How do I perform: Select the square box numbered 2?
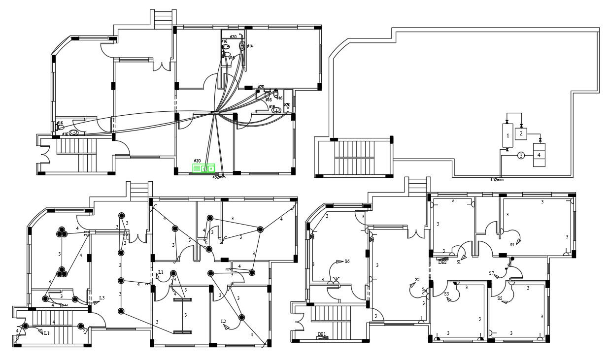pyautogui.click(x=521, y=133)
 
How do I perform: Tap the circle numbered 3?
pyautogui.click(x=521, y=156)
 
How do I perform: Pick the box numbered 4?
pyautogui.click(x=539, y=155)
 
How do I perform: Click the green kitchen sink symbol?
pyautogui.click(x=204, y=168)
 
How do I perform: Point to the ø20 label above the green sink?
pyautogui.click(x=197, y=161)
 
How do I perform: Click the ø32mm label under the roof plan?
pyautogui.click(x=497, y=180)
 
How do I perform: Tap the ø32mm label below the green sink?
pyautogui.click(x=219, y=176)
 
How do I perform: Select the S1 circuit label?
pyautogui.click(x=459, y=262)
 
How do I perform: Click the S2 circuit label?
pyautogui.click(x=417, y=280)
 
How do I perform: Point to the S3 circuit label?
pyautogui.click(x=446, y=294)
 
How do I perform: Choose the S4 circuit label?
pyautogui.click(x=512, y=244)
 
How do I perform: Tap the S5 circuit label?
pyautogui.click(x=500, y=298)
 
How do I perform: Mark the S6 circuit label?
pyautogui.click(x=347, y=262)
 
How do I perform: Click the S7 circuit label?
pyautogui.click(x=491, y=273)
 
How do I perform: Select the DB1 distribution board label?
pyautogui.click(x=321, y=334)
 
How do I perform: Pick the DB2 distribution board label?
pyautogui.click(x=442, y=262)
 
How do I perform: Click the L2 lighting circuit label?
pyautogui.click(x=223, y=322)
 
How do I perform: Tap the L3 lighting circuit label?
pyautogui.click(x=101, y=298)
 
